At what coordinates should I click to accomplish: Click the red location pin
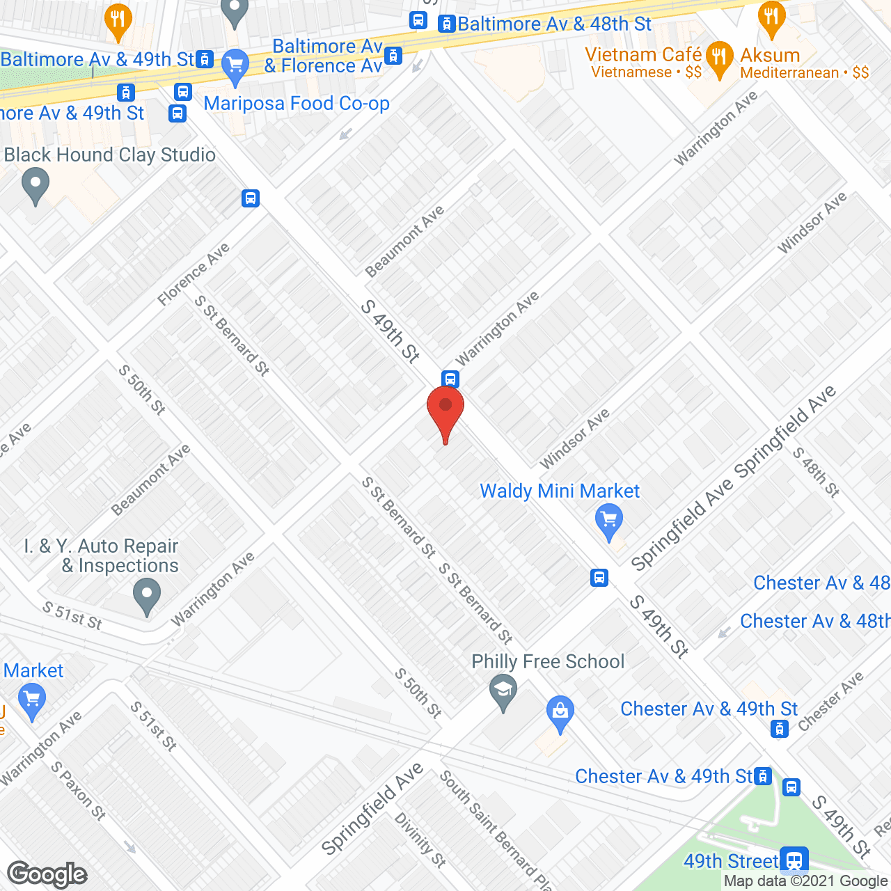tap(445, 411)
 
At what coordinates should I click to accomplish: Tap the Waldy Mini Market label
tap(559, 491)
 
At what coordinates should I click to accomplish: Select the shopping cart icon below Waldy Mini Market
tap(609, 520)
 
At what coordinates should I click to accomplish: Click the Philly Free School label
tap(548, 661)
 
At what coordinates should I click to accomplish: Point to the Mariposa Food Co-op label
tap(297, 104)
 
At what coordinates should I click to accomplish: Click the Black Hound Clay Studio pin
tap(36, 186)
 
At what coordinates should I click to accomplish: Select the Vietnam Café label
tap(643, 54)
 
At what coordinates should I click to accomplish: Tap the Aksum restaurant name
tap(770, 55)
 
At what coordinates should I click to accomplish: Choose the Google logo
tap(47, 874)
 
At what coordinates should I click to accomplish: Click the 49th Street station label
tap(731, 861)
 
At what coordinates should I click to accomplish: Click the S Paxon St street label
tap(78, 791)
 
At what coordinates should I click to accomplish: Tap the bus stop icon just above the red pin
tap(450, 379)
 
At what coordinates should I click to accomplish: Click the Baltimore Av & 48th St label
tap(554, 24)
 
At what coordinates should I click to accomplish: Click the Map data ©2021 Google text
tap(806, 881)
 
